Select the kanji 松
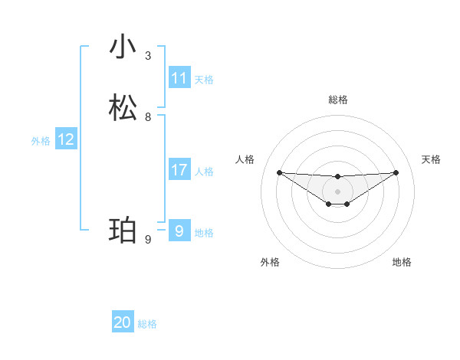point(123,107)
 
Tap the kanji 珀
point(123,230)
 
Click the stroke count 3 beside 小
point(148,56)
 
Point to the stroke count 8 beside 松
point(148,117)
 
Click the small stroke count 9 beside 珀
point(148,240)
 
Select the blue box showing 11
point(179,78)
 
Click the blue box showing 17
point(179,170)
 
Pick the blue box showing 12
point(66,139)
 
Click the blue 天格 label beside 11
point(204,80)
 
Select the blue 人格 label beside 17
point(204,172)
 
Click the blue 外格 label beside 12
point(41,141)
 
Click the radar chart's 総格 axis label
point(337,100)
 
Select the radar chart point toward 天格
point(396,172)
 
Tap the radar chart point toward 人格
point(279,172)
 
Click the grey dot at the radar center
point(337,191)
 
